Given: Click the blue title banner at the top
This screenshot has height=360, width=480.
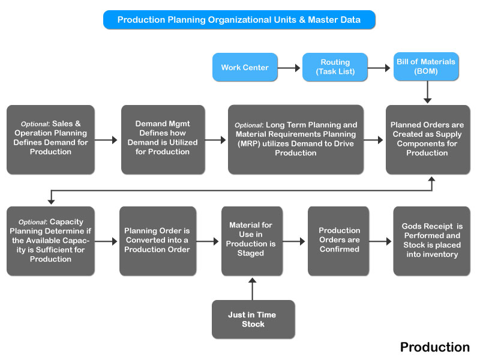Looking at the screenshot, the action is click(239, 20).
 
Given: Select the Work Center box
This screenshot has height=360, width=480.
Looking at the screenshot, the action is click(245, 67).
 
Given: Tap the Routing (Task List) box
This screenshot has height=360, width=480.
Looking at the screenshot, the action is click(335, 67).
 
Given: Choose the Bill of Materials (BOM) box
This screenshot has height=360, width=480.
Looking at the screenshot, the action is click(426, 67).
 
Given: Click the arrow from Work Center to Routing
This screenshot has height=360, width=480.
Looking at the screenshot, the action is click(289, 68).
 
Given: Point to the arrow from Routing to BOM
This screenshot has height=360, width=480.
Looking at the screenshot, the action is click(379, 68).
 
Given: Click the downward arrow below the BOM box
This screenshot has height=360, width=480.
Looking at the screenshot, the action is click(427, 92).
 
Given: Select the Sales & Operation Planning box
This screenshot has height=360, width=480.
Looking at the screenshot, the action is click(50, 140).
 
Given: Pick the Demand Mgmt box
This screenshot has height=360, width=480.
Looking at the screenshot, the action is click(163, 140).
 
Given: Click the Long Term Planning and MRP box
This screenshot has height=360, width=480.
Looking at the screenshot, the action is click(296, 140).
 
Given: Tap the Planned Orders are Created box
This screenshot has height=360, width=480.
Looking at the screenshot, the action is click(428, 140).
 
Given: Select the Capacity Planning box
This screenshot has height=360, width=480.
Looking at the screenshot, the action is click(50, 241).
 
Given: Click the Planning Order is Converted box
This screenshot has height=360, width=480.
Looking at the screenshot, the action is click(158, 241).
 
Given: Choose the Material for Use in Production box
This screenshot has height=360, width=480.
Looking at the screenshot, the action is click(252, 241).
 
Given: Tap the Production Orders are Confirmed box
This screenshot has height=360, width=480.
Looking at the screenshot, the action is click(338, 241).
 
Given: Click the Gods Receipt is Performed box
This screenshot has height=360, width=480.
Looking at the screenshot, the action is click(431, 241).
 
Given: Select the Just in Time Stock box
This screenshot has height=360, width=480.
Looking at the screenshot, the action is click(253, 319).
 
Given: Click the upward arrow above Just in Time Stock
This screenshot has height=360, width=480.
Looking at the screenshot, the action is click(252, 289).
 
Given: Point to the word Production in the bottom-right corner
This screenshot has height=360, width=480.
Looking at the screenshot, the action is click(434, 347).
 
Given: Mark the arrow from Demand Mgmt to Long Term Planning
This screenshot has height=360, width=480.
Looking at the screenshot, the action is click(215, 140).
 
